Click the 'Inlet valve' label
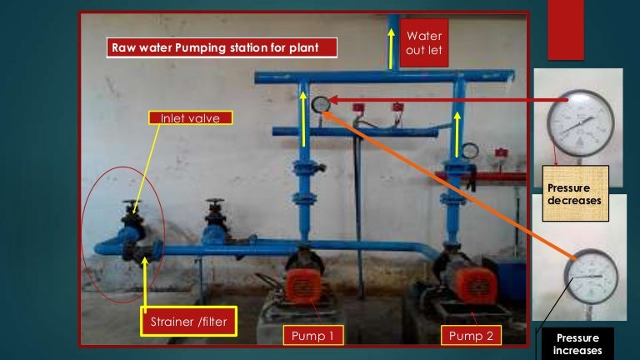coord(191,118)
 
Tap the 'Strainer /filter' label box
coord(188,321)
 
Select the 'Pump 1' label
coord(313,336)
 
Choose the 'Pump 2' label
coord(471,336)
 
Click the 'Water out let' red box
coord(424,42)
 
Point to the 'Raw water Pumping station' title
coord(222,47)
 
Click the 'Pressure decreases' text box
coord(576,193)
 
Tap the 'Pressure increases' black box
coord(577,344)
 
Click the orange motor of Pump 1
coord(302,285)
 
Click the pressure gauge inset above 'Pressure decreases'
coord(581,123)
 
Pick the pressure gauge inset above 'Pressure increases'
coord(591,277)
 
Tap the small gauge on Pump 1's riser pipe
coord(321,105)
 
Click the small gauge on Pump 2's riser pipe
coord(470,151)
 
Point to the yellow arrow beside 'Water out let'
coord(392,48)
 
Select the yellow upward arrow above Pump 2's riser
coord(457,135)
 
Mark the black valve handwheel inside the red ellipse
coord(132,202)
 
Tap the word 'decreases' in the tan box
coord(574,200)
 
